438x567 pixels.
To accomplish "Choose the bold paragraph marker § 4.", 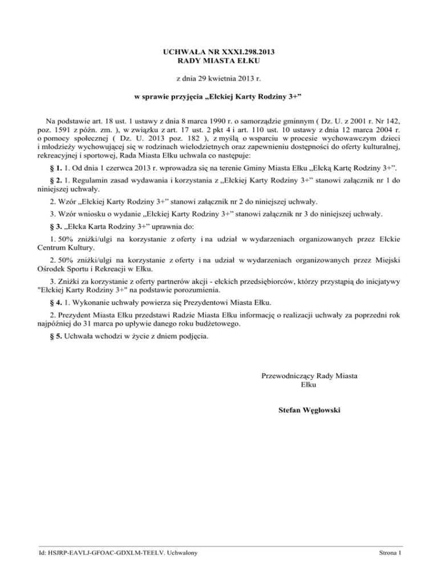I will point(56,302).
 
